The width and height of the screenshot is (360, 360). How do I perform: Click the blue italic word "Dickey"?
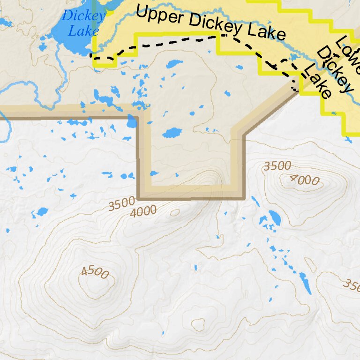coord(83,15)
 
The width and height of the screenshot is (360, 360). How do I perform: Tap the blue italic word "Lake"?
coord(83,31)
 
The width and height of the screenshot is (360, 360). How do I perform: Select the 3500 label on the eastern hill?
coord(277,166)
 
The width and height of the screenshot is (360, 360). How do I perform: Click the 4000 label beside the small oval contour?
coord(143,211)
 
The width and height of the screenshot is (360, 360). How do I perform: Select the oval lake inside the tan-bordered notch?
coord(172,133)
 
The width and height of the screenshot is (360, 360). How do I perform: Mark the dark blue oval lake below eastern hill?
coord(274,218)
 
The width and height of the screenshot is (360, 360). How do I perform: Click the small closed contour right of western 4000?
coord(175,212)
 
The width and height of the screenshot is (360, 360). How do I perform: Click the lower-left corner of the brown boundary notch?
coord(139,198)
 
